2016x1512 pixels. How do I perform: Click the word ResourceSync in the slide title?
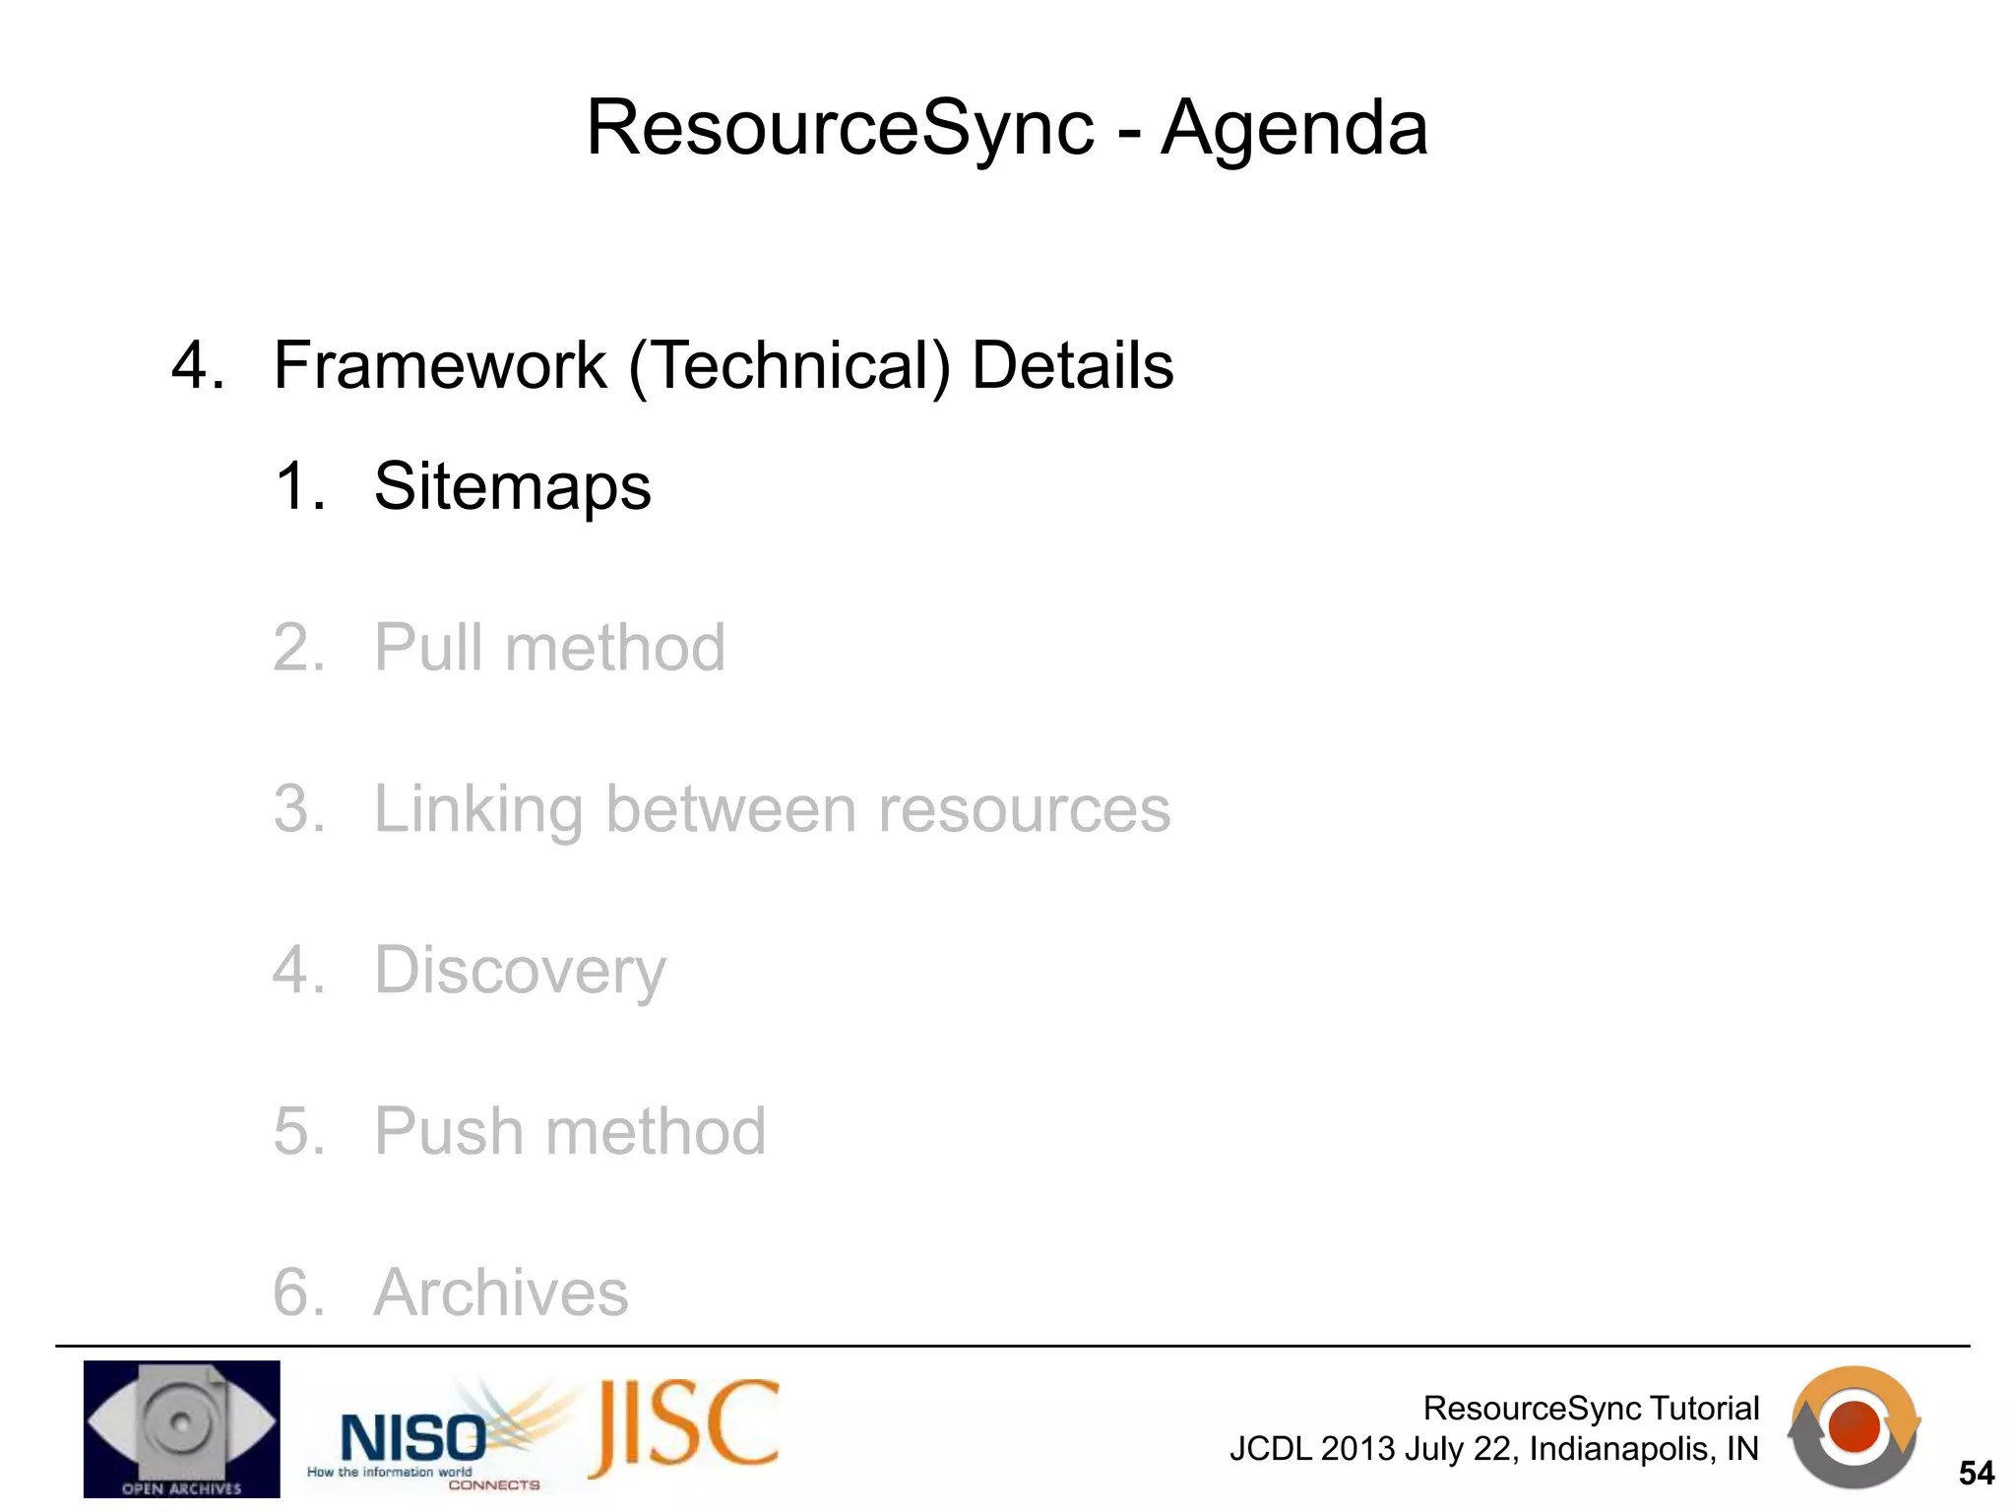[840, 128]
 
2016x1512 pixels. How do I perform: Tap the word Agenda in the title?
[1293, 128]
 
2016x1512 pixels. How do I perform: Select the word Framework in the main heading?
[439, 365]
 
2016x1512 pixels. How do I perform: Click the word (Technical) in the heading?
[789, 365]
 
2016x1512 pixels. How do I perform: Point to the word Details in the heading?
[1072, 365]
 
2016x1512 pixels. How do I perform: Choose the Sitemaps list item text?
[512, 486]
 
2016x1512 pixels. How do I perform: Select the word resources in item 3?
[1024, 809]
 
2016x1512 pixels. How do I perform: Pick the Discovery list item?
[520, 971]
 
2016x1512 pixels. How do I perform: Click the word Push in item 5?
[448, 1131]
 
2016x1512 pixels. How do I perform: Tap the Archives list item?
[501, 1291]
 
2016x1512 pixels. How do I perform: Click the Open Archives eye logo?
[181, 1428]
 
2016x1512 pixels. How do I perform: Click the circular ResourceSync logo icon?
[1854, 1426]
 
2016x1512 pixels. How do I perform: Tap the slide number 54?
[1976, 1474]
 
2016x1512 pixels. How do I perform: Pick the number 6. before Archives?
[297, 1291]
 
